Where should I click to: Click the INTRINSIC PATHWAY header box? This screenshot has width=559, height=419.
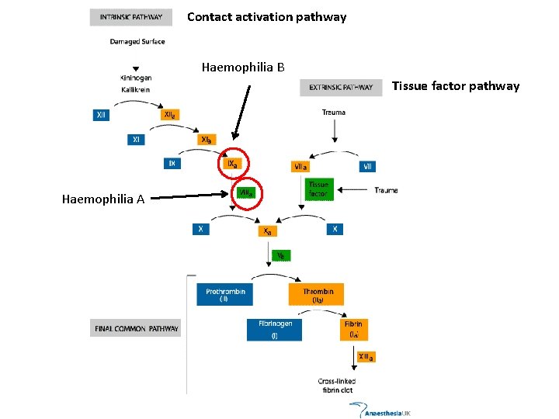pyautogui.click(x=131, y=17)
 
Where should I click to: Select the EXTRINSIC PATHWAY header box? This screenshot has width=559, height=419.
pyautogui.click(x=341, y=88)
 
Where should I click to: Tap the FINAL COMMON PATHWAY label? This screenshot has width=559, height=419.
pyautogui.click(x=137, y=328)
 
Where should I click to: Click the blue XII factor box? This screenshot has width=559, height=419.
pyautogui.click(x=102, y=115)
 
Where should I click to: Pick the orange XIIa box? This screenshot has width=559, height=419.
pyautogui.click(x=169, y=115)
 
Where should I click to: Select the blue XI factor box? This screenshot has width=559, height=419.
pyautogui.click(x=137, y=140)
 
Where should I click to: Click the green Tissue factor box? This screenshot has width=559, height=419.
pyautogui.click(x=319, y=189)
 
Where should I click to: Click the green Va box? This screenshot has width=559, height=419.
pyautogui.click(x=281, y=255)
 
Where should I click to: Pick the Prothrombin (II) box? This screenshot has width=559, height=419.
pyautogui.click(x=225, y=295)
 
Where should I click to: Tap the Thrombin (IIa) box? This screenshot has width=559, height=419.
pyautogui.click(x=318, y=295)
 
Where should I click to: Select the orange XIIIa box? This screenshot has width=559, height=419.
pyautogui.click(x=365, y=357)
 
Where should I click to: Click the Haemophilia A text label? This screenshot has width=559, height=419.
pyautogui.click(x=102, y=199)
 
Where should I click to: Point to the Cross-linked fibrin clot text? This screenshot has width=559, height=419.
pyautogui.click(x=337, y=386)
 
